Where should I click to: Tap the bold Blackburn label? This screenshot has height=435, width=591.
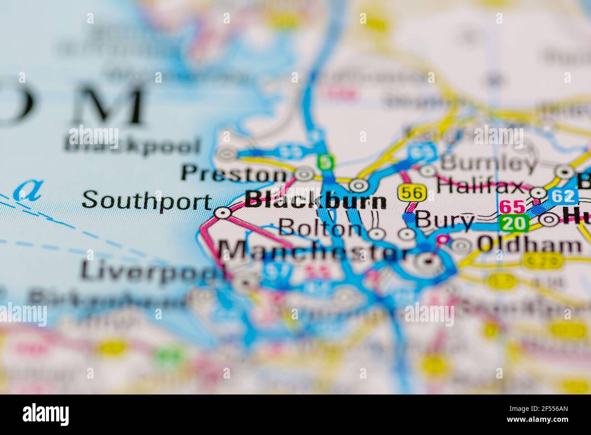click(x=316, y=201)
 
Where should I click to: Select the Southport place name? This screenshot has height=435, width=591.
click(x=147, y=200)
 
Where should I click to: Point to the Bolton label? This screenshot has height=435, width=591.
click(x=320, y=228)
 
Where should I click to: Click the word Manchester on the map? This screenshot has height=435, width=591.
click(x=314, y=251)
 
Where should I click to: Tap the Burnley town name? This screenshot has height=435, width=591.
click(x=488, y=163)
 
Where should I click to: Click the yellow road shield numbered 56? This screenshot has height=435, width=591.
click(x=413, y=193)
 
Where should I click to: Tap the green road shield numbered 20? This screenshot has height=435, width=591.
click(x=514, y=223)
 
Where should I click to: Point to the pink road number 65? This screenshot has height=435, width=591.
click(x=512, y=207)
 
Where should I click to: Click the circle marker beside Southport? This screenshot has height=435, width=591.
click(x=222, y=212)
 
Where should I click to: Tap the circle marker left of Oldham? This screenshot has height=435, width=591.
click(x=461, y=245)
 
